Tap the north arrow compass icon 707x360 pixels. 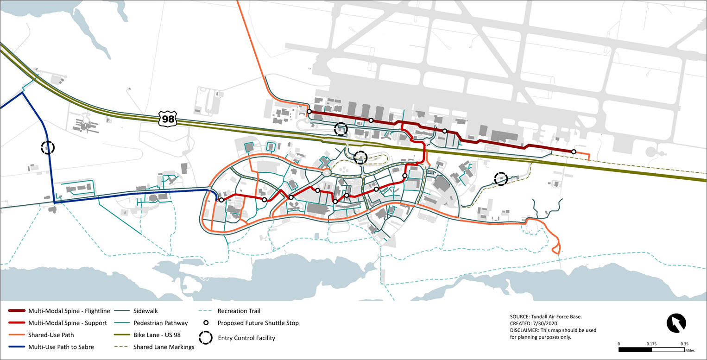pos(676,323)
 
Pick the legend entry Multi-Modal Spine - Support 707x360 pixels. pos(68,322)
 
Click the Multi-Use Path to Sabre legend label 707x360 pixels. pos(61,347)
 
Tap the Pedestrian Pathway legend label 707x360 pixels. pos(160,322)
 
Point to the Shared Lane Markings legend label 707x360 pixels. pos(164,347)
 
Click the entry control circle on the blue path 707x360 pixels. pos(48,148)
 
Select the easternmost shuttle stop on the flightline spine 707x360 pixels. pos(574,152)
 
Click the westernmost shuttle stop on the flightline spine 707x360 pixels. pos(309,111)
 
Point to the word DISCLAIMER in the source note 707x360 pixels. pos(524,330)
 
